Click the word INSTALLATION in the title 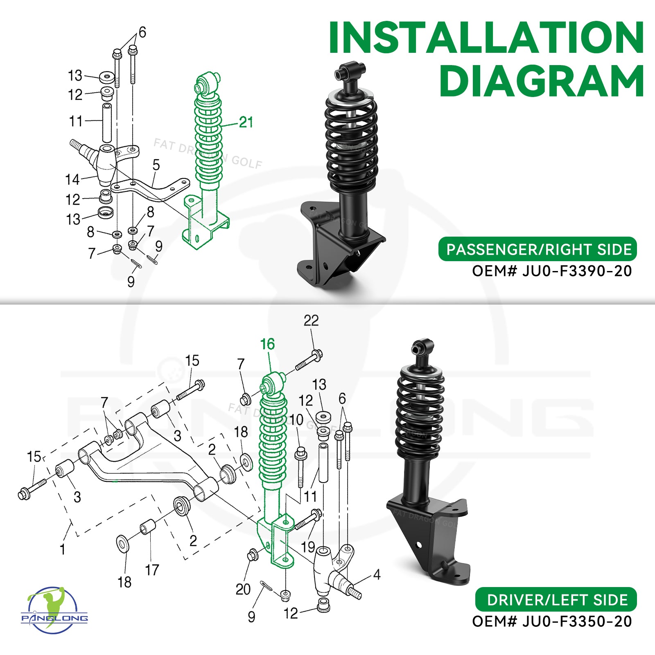point(486,38)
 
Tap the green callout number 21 point(246,122)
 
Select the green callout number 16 point(267,345)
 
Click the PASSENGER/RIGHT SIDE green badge point(538,249)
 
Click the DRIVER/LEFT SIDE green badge point(556,600)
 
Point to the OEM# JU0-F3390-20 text point(551,271)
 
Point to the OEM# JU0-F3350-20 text point(551,621)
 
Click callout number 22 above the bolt point(311,321)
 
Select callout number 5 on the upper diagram point(156,165)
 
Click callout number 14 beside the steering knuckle point(72,179)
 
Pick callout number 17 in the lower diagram point(152,570)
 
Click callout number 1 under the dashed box point(62,549)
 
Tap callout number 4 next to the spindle point(377,575)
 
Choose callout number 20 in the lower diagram point(243,589)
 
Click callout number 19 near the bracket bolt point(308,547)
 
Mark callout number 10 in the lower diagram point(296,420)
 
